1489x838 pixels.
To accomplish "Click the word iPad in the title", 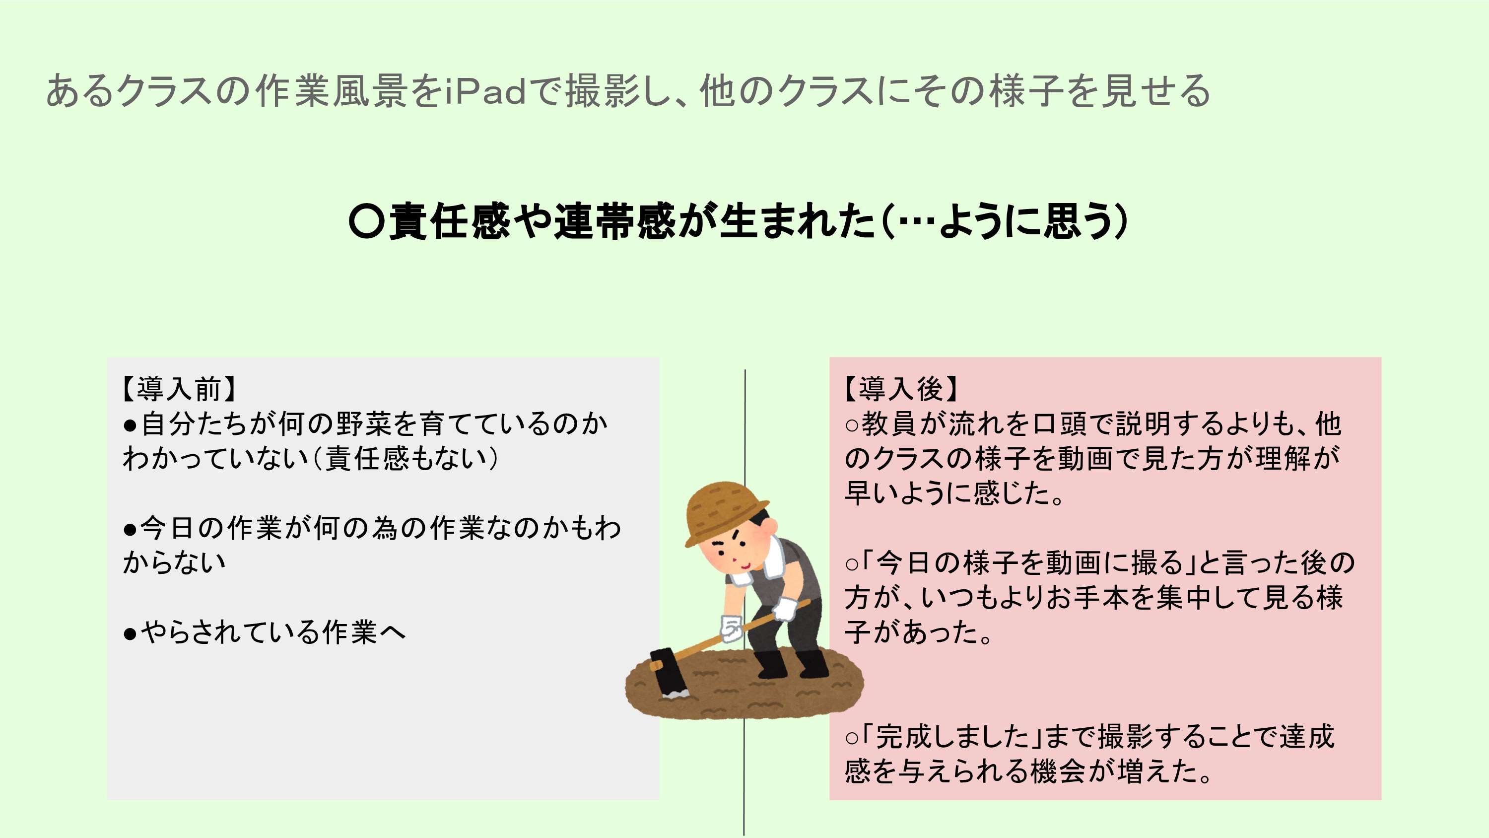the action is click(485, 91).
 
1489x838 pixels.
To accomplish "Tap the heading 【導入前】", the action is click(179, 389).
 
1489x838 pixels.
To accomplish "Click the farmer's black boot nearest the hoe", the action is click(772, 665).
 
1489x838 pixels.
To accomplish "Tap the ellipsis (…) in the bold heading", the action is click(914, 222).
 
